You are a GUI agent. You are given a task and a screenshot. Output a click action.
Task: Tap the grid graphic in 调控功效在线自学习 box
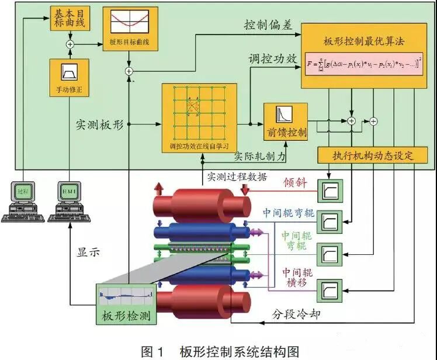pos(199,111)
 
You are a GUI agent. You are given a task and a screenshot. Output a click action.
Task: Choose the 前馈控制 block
pos(286,122)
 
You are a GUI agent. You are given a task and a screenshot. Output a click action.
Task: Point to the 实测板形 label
pos(100,124)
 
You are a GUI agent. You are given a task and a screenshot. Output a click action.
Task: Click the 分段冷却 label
pos(297,314)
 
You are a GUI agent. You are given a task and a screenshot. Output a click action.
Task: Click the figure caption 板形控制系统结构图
pos(220,351)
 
